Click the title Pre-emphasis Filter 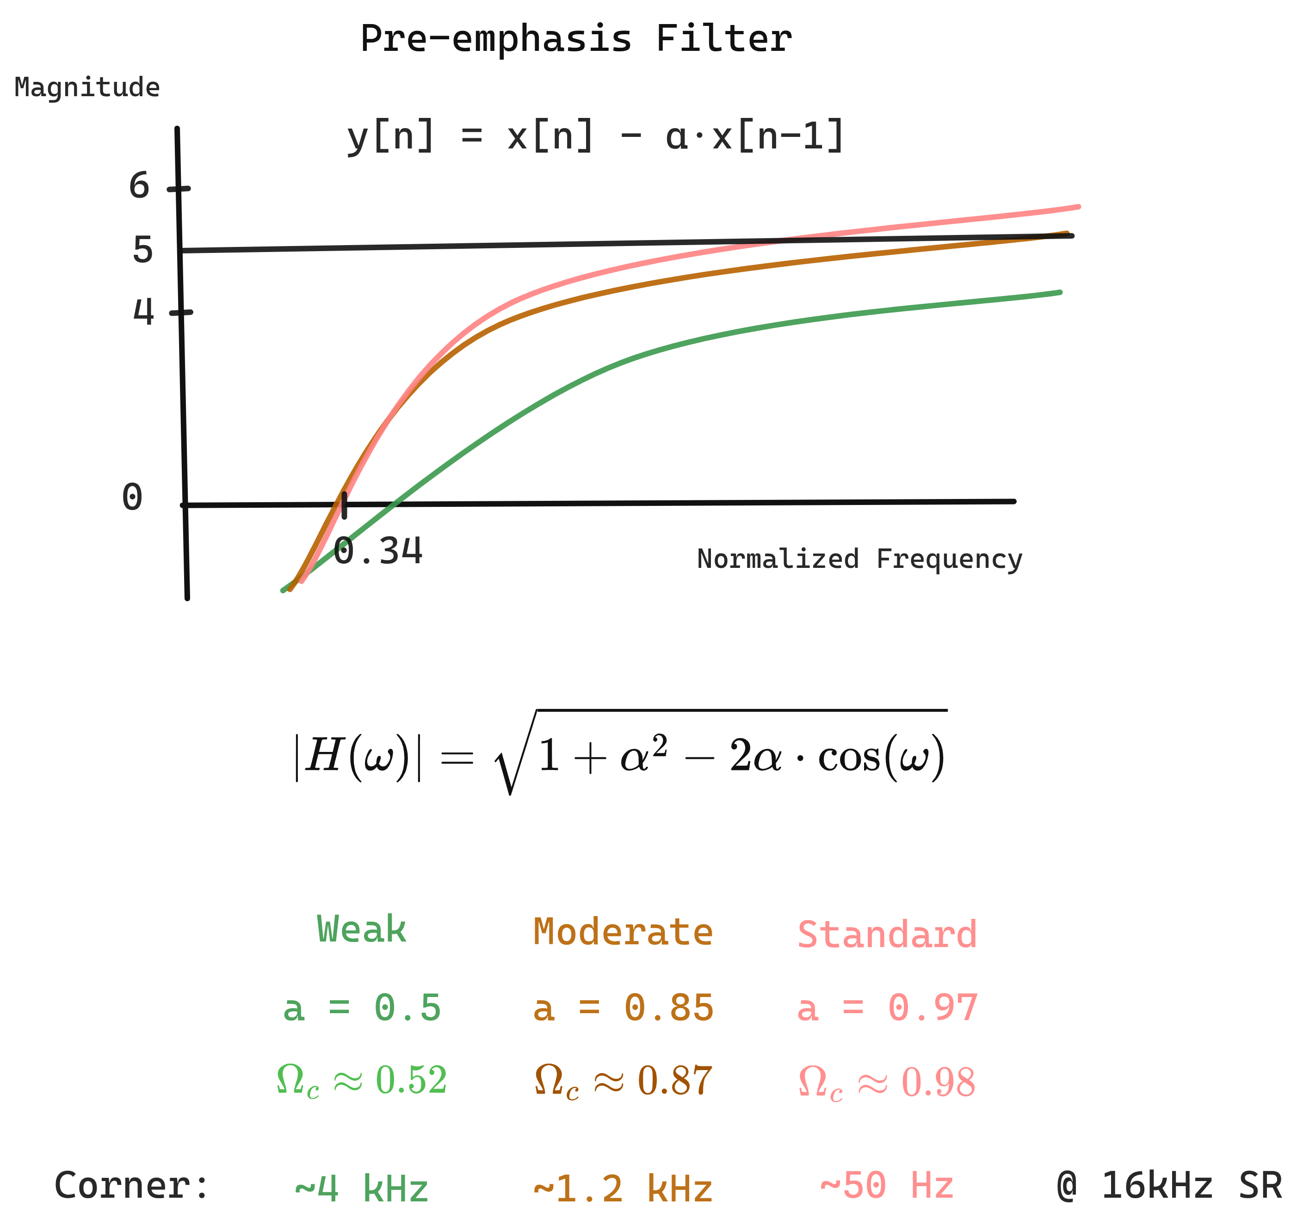coord(576,39)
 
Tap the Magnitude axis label coord(87,87)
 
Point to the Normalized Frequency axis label coord(859,559)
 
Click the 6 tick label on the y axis coord(139,186)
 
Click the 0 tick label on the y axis coord(132,498)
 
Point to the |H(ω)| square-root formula coord(620,754)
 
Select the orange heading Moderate coord(623,932)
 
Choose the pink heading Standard coord(887,935)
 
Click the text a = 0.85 coord(623,1008)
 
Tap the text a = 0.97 coord(887,1008)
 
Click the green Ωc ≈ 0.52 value coord(361,1081)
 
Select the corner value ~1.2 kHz coord(623,1188)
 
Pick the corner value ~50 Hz coord(887,1185)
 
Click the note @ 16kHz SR coord(1169,1185)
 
